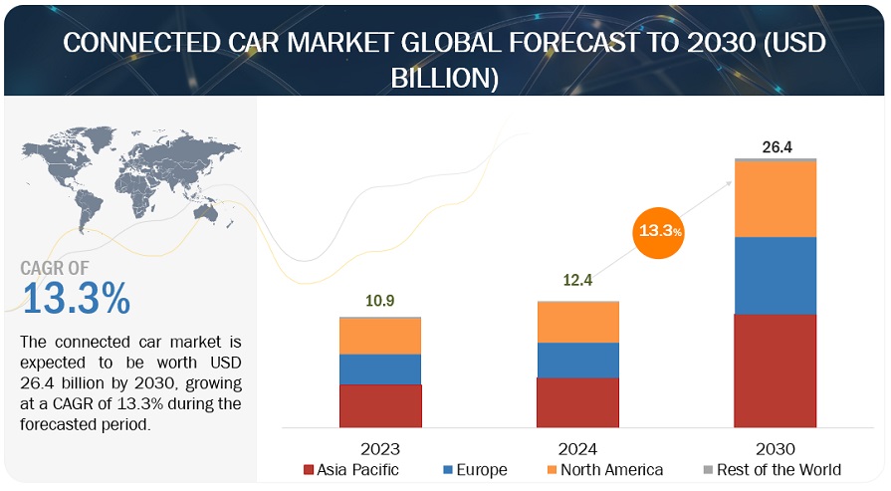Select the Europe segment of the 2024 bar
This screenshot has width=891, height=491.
click(x=577, y=361)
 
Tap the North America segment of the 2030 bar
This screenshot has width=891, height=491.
click(x=776, y=199)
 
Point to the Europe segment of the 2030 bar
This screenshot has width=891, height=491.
click(x=776, y=276)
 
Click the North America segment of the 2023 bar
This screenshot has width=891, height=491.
click(x=380, y=337)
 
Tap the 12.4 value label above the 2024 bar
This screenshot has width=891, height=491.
click(x=577, y=281)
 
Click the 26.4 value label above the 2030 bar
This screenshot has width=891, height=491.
click(x=776, y=146)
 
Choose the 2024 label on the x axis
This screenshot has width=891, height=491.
click(x=577, y=448)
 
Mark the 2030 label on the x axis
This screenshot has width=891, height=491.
click(x=776, y=448)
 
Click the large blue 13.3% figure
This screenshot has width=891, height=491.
click(x=76, y=299)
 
